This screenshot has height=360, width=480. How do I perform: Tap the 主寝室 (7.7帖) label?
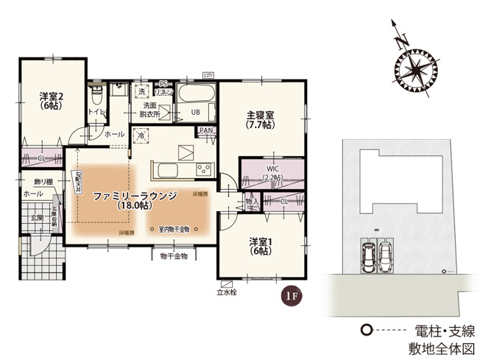point(259,116)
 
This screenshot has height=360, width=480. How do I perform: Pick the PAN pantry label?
point(205,131)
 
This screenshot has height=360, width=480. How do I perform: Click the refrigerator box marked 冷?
point(142,135)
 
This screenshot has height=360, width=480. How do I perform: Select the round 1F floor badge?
point(290,296)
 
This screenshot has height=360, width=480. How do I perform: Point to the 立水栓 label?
point(227,292)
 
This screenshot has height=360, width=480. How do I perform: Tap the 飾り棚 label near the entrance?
point(32,181)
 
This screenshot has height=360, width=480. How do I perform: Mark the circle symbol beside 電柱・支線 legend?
point(364,329)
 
